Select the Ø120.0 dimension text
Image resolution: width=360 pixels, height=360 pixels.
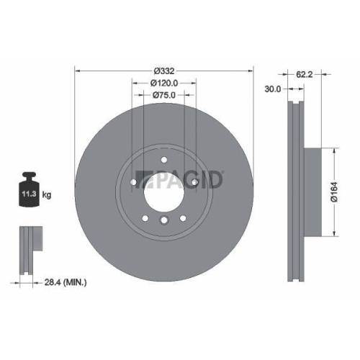coord(164,84)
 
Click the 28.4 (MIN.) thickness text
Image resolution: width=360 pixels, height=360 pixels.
coord(64,283)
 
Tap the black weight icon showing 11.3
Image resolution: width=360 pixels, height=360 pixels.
coord(30,192)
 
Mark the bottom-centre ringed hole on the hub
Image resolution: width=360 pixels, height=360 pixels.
coord(164,221)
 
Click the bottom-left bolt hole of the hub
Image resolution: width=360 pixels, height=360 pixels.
coord(145,217)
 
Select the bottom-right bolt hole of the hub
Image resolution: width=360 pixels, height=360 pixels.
coord(183,217)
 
